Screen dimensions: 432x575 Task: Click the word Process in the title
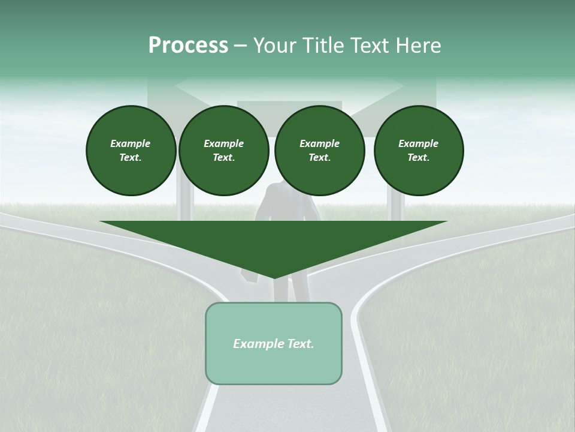pos(188,46)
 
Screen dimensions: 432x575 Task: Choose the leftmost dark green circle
pos(131,150)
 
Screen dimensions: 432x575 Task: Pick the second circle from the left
pos(223,150)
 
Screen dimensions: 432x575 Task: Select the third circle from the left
pos(319,150)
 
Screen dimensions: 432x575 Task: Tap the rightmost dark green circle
pos(418,150)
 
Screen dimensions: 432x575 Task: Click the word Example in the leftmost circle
pos(131,143)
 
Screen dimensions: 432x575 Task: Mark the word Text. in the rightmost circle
pos(418,157)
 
